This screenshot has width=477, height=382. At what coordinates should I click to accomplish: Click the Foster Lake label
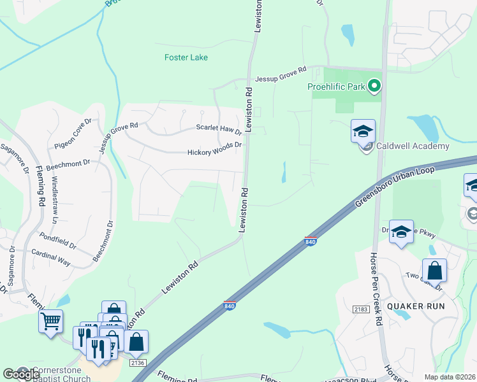coord(186,57)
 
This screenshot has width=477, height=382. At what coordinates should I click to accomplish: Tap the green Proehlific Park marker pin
coord(375,85)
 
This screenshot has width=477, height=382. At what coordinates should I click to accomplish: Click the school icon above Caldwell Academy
coord(363,132)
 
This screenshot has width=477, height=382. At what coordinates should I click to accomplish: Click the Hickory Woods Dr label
coord(215,153)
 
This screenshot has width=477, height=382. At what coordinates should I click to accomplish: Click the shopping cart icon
coord(51,320)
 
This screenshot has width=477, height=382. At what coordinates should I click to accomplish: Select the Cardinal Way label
coord(51,257)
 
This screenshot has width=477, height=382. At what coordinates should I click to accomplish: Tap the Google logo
coord(21,374)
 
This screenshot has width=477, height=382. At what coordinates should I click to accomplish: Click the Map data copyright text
coord(450,377)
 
